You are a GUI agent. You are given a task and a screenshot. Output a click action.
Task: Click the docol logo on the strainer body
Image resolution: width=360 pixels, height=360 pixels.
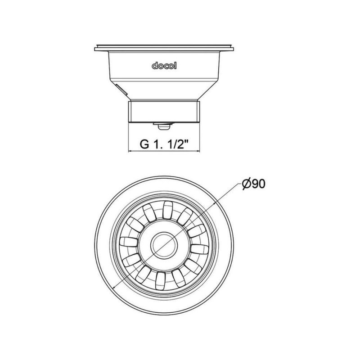(x=164, y=66)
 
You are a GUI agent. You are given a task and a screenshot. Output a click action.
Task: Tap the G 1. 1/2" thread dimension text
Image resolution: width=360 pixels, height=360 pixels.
(x=164, y=144)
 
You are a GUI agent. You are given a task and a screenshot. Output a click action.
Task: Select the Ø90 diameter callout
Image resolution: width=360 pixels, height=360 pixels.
(x=254, y=184)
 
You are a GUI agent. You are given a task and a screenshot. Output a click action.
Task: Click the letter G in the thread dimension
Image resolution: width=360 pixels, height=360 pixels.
(x=144, y=144)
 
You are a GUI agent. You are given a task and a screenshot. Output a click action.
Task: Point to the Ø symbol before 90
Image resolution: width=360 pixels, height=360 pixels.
(x=247, y=184)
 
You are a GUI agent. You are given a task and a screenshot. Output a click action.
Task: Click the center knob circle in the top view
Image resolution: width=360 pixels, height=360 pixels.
(x=164, y=245)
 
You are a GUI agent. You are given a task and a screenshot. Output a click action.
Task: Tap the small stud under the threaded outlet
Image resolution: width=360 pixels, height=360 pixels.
(x=163, y=126)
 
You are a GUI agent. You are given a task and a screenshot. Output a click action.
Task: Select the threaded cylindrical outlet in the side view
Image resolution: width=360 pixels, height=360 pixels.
(x=164, y=111)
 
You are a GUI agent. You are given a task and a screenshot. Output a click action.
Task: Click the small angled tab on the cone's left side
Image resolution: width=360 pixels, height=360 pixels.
(x=121, y=90)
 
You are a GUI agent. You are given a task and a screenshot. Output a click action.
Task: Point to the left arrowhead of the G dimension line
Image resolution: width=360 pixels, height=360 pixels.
(x=130, y=151)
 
